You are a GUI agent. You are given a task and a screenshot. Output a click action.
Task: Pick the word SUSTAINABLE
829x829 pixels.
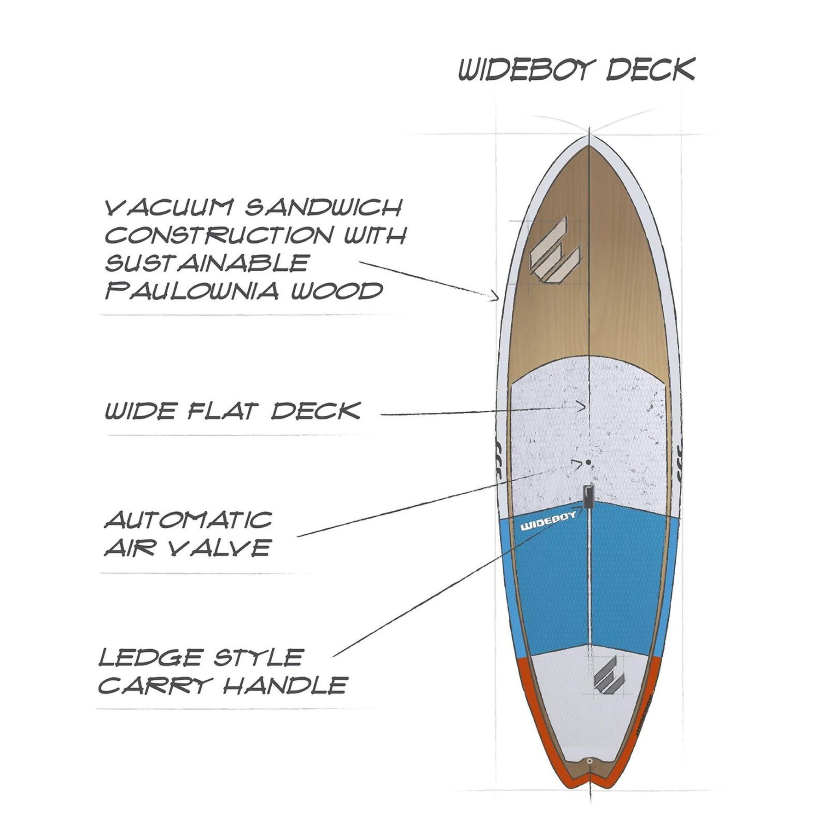click(x=206, y=263)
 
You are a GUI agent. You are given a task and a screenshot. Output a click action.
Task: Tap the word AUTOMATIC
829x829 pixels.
click(x=188, y=520)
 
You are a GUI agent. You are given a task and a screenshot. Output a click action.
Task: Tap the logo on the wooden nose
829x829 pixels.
click(x=555, y=256)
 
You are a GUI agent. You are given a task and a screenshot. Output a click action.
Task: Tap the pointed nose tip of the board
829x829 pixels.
click(x=590, y=137)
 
